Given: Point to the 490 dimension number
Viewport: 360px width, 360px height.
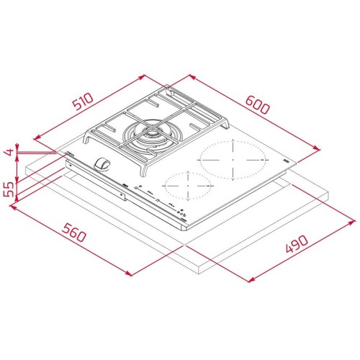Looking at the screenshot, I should [297, 246].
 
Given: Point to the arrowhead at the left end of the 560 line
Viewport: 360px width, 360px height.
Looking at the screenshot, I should [12, 207].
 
